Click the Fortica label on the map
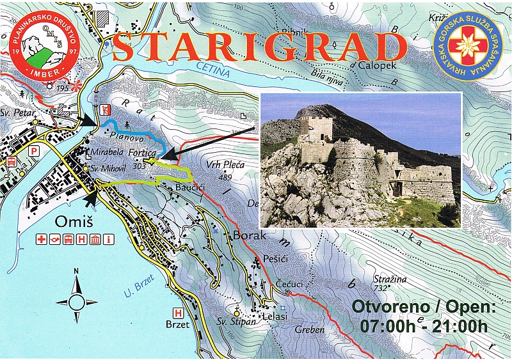[142, 154]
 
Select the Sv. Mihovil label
[106, 169]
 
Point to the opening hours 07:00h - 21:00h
[423, 326]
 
